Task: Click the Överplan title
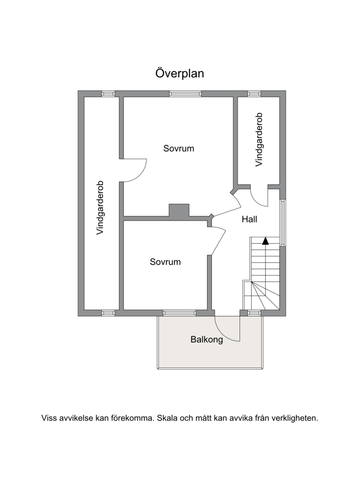(180, 73)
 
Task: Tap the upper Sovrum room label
(179, 148)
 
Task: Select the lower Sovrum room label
(165, 262)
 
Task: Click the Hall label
(249, 219)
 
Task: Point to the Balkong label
(207, 340)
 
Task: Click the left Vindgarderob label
(100, 208)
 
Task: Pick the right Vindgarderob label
(259, 139)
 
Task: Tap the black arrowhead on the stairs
(265, 241)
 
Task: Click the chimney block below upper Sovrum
(179, 210)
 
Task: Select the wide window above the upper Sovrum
(185, 94)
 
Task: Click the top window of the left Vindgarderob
(108, 94)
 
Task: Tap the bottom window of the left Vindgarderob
(108, 313)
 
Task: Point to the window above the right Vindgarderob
(254, 94)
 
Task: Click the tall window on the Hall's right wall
(283, 223)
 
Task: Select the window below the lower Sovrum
(180, 313)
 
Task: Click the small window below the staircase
(254, 313)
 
